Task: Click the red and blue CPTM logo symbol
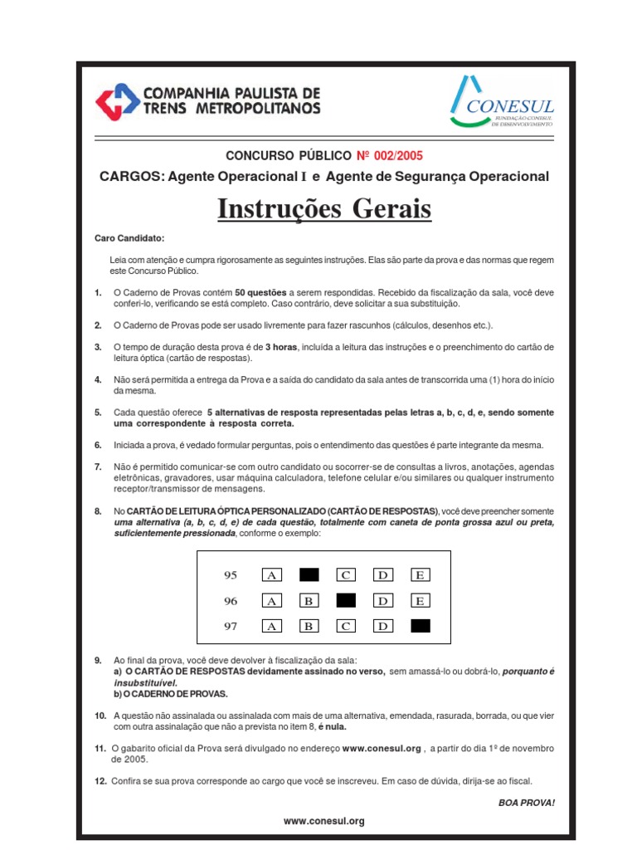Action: (x=116, y=102)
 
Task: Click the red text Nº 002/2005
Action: (x=395, y=155)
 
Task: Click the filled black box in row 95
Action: (x=309, y=574)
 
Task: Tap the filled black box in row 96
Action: (x=346, y=600)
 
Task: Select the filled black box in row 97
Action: (x=421, y=626)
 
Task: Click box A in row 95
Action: (x=271, y=574)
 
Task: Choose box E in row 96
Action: (x=421, y=600)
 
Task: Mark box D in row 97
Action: (x=383, y=626)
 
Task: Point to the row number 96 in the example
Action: (x=231, y=600)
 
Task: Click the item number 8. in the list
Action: (x=98, y=510)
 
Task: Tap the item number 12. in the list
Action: (x=100, y=781)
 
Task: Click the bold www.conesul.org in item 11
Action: (x=382, y=748)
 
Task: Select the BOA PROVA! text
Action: (x=527, y=803)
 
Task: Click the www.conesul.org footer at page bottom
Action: (x=323, y=821)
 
